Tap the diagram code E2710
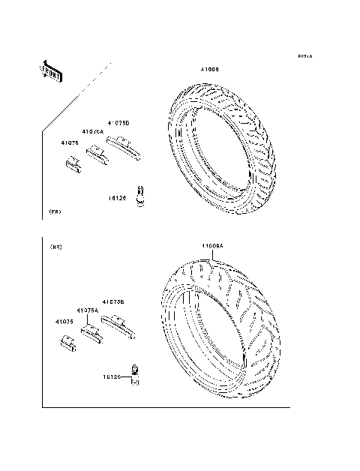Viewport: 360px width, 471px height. [x=304, y=56]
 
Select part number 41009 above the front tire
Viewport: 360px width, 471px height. [x=210, y=70]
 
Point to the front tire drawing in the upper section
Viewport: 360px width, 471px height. [x=223, y=147]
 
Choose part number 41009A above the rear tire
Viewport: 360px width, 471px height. [x=212, y=245]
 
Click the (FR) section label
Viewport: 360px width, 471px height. [x=55, y=212]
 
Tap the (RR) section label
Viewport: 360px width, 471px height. [x=55, y=247]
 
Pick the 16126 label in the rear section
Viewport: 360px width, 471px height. [x=112, y=379]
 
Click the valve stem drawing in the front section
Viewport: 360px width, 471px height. [x=139, y=196]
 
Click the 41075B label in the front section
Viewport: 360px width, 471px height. [x=118, y=122]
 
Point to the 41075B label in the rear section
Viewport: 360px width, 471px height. [x=112, y=301]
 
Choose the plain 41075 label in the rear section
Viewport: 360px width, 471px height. [x=63, y=322]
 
